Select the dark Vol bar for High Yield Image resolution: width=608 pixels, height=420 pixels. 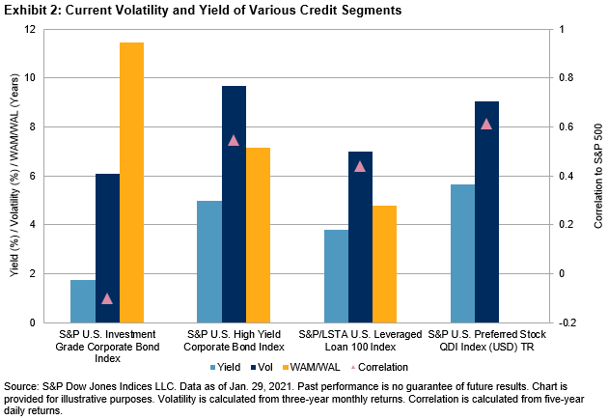pos(235,204)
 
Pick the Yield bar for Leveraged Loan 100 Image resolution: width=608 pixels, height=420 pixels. pos(335,275)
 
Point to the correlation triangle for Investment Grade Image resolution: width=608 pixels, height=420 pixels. pos(107,298)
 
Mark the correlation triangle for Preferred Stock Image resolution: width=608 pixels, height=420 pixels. pos(486,124)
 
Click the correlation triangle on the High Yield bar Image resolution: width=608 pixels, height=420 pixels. pos(234,140)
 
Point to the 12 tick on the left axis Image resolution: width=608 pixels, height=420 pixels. pos(43,29)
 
